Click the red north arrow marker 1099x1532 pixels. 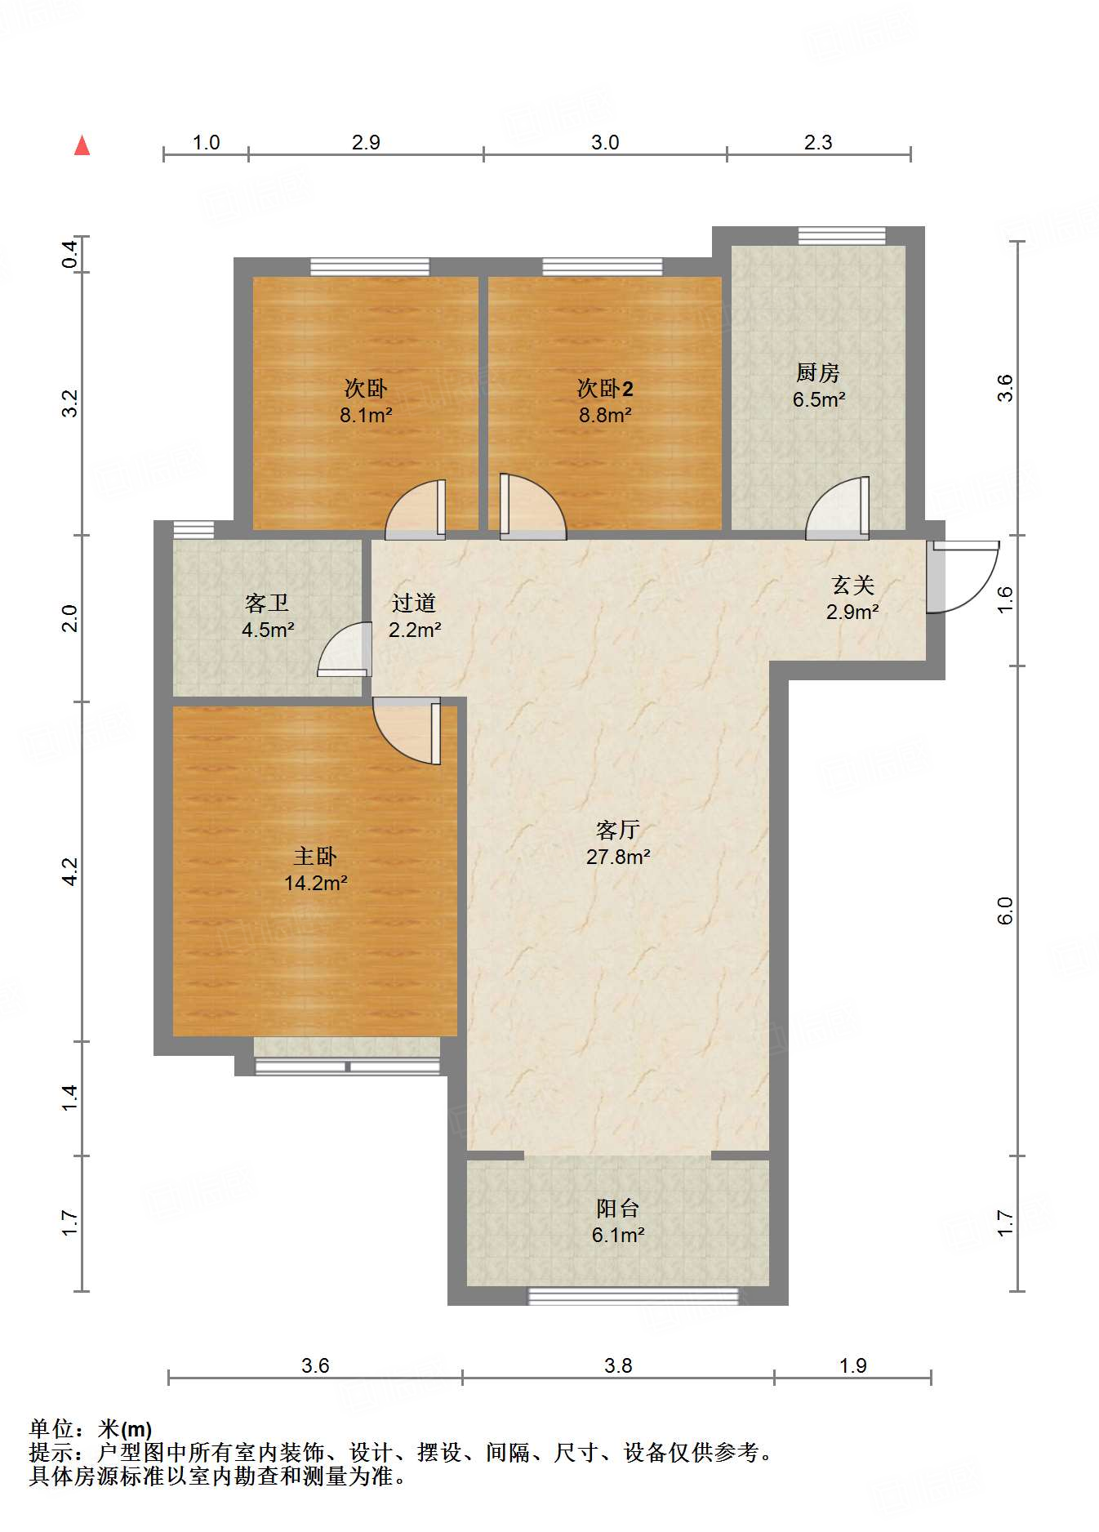click(x=82, y=145)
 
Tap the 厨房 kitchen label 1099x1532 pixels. click(x=817, y=373)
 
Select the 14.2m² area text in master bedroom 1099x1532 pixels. click(x=316, y=883)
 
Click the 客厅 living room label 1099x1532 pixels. click(x=617, y=831)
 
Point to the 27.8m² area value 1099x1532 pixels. click(x=618, y=857)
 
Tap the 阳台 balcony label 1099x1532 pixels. click(x=617, y=1209)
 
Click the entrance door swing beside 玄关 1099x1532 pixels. click(x=963, y=576)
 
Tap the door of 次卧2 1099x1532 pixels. click(x=531, y=508)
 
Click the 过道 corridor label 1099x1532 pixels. click(x=414, y=603)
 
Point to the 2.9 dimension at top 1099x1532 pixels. click(x=366, y=142)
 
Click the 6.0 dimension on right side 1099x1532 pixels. click(x=1005, y=911)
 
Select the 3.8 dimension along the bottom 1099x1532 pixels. click(x=618, y=1365)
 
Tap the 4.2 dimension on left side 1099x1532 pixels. click(x=70, y=871)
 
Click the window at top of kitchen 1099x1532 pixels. click(x=841, y=236)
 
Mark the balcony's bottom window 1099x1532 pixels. click(x=633, y=1296)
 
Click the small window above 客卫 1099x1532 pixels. click(x=194, y=529)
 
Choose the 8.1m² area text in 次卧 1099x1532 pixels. click(x=366, y=415)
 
